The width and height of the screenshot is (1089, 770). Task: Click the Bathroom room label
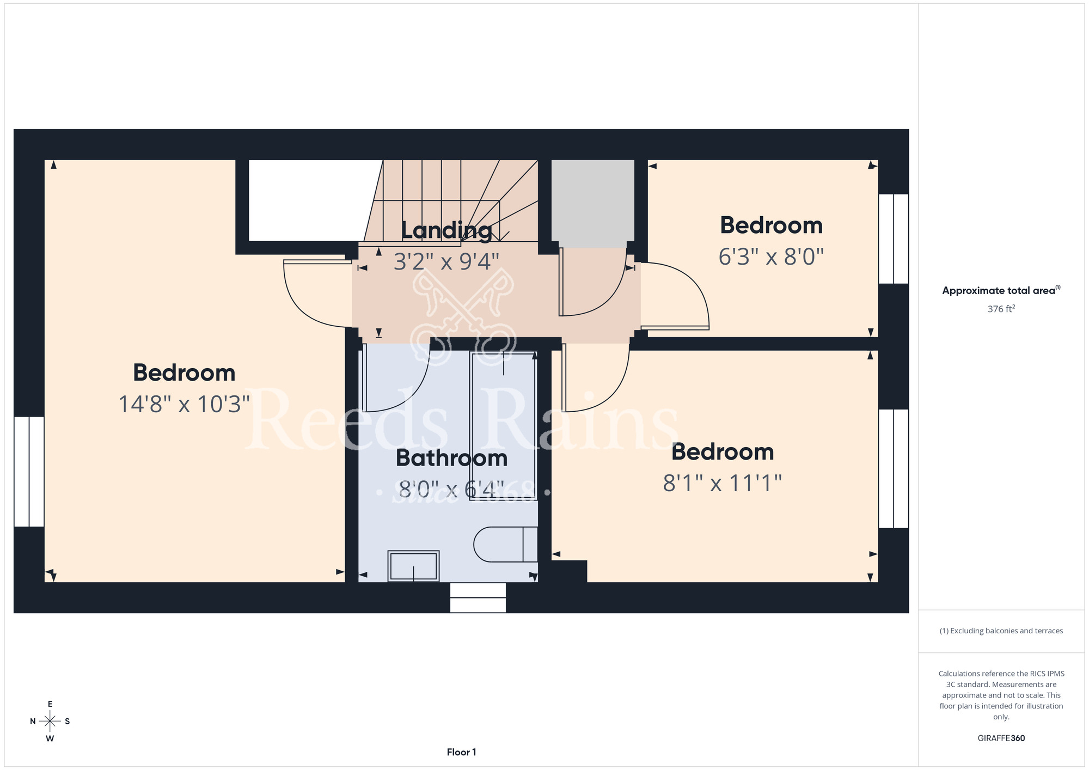click(451, 458)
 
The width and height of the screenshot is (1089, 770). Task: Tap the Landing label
click(446, 230)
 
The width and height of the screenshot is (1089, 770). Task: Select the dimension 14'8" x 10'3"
click(184, 404)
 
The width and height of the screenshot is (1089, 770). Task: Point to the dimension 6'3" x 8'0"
click(771, 256)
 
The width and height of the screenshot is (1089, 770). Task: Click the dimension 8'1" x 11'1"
click(723, 483)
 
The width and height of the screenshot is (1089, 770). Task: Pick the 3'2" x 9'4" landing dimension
click(446, 262)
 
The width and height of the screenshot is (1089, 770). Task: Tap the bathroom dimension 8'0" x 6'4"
click(451, 490)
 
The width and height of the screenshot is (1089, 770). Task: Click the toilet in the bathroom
click(506, 544)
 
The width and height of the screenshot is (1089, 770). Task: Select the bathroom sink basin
click(413, 566)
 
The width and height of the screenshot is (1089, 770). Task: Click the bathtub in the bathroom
click(504, 426)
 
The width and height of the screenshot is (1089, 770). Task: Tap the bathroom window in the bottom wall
click(478, 597)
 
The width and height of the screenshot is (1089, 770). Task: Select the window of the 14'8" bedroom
click(29, 472)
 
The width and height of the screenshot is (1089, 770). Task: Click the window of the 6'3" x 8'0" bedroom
click(894, 239)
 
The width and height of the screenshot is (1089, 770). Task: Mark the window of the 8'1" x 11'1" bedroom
click(894, 469)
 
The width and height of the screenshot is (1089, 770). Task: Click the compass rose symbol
click(50, 722)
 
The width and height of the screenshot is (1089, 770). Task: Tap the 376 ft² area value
click(1001, 309)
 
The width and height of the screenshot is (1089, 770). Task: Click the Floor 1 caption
click(461, 752)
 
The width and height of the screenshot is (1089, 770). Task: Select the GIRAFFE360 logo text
click(1001, 738)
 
